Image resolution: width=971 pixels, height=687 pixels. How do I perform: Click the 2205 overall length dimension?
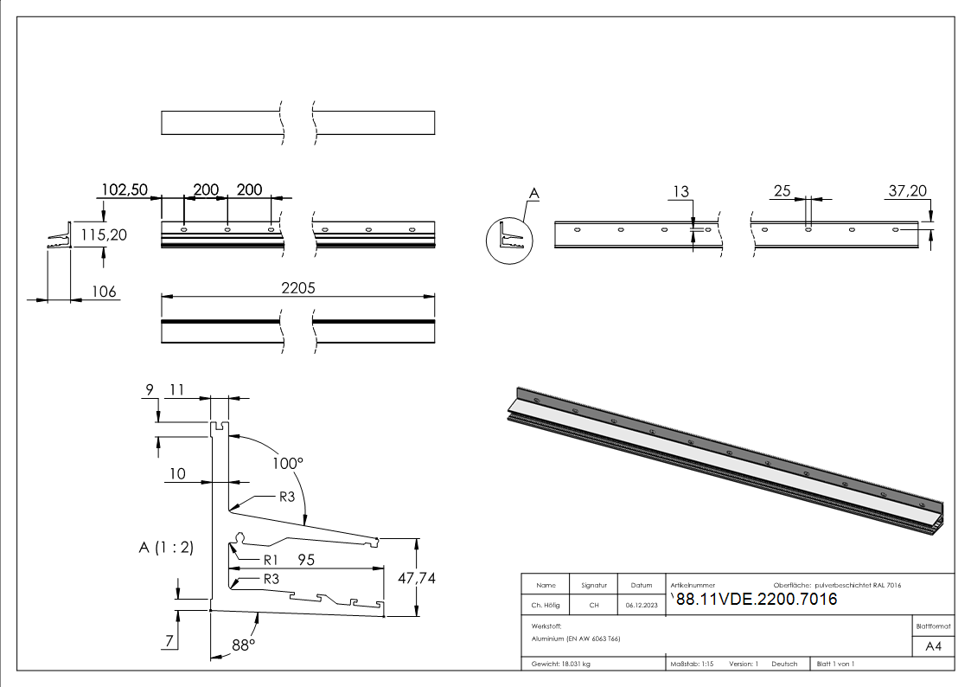(297, 289)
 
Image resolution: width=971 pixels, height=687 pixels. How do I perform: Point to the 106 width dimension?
(104, 292)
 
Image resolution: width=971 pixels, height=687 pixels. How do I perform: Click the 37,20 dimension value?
(908, 190)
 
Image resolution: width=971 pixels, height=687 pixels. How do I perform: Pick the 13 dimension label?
(680, 190)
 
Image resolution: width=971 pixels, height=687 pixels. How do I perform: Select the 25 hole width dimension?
(783, 190)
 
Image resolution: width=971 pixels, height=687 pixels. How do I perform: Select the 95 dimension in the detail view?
(305, 560)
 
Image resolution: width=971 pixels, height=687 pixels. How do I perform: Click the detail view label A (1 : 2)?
(166, 547)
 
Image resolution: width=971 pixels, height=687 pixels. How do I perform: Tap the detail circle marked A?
(510, 239)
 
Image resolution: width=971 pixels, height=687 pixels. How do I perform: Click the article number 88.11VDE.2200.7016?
(755, 599)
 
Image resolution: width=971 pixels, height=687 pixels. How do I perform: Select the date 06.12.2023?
(642, 605)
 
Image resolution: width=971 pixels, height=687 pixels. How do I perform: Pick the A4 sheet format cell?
(934, 645)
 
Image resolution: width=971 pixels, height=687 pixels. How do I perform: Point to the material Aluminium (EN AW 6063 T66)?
(576, 638)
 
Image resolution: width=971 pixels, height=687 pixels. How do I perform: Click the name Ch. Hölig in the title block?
(546, 605)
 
